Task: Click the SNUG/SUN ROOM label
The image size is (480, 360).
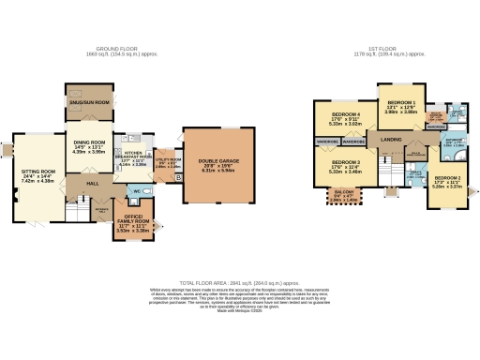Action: tap(88, 101)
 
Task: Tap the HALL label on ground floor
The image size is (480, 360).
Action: tap(93, 185)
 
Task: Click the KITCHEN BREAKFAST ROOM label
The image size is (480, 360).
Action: tap(132, 157)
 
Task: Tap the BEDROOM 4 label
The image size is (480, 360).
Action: tap(345, 113)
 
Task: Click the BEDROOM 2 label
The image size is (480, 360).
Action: tap(446, 177)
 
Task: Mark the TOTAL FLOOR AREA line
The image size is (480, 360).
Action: tap(238, 282)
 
